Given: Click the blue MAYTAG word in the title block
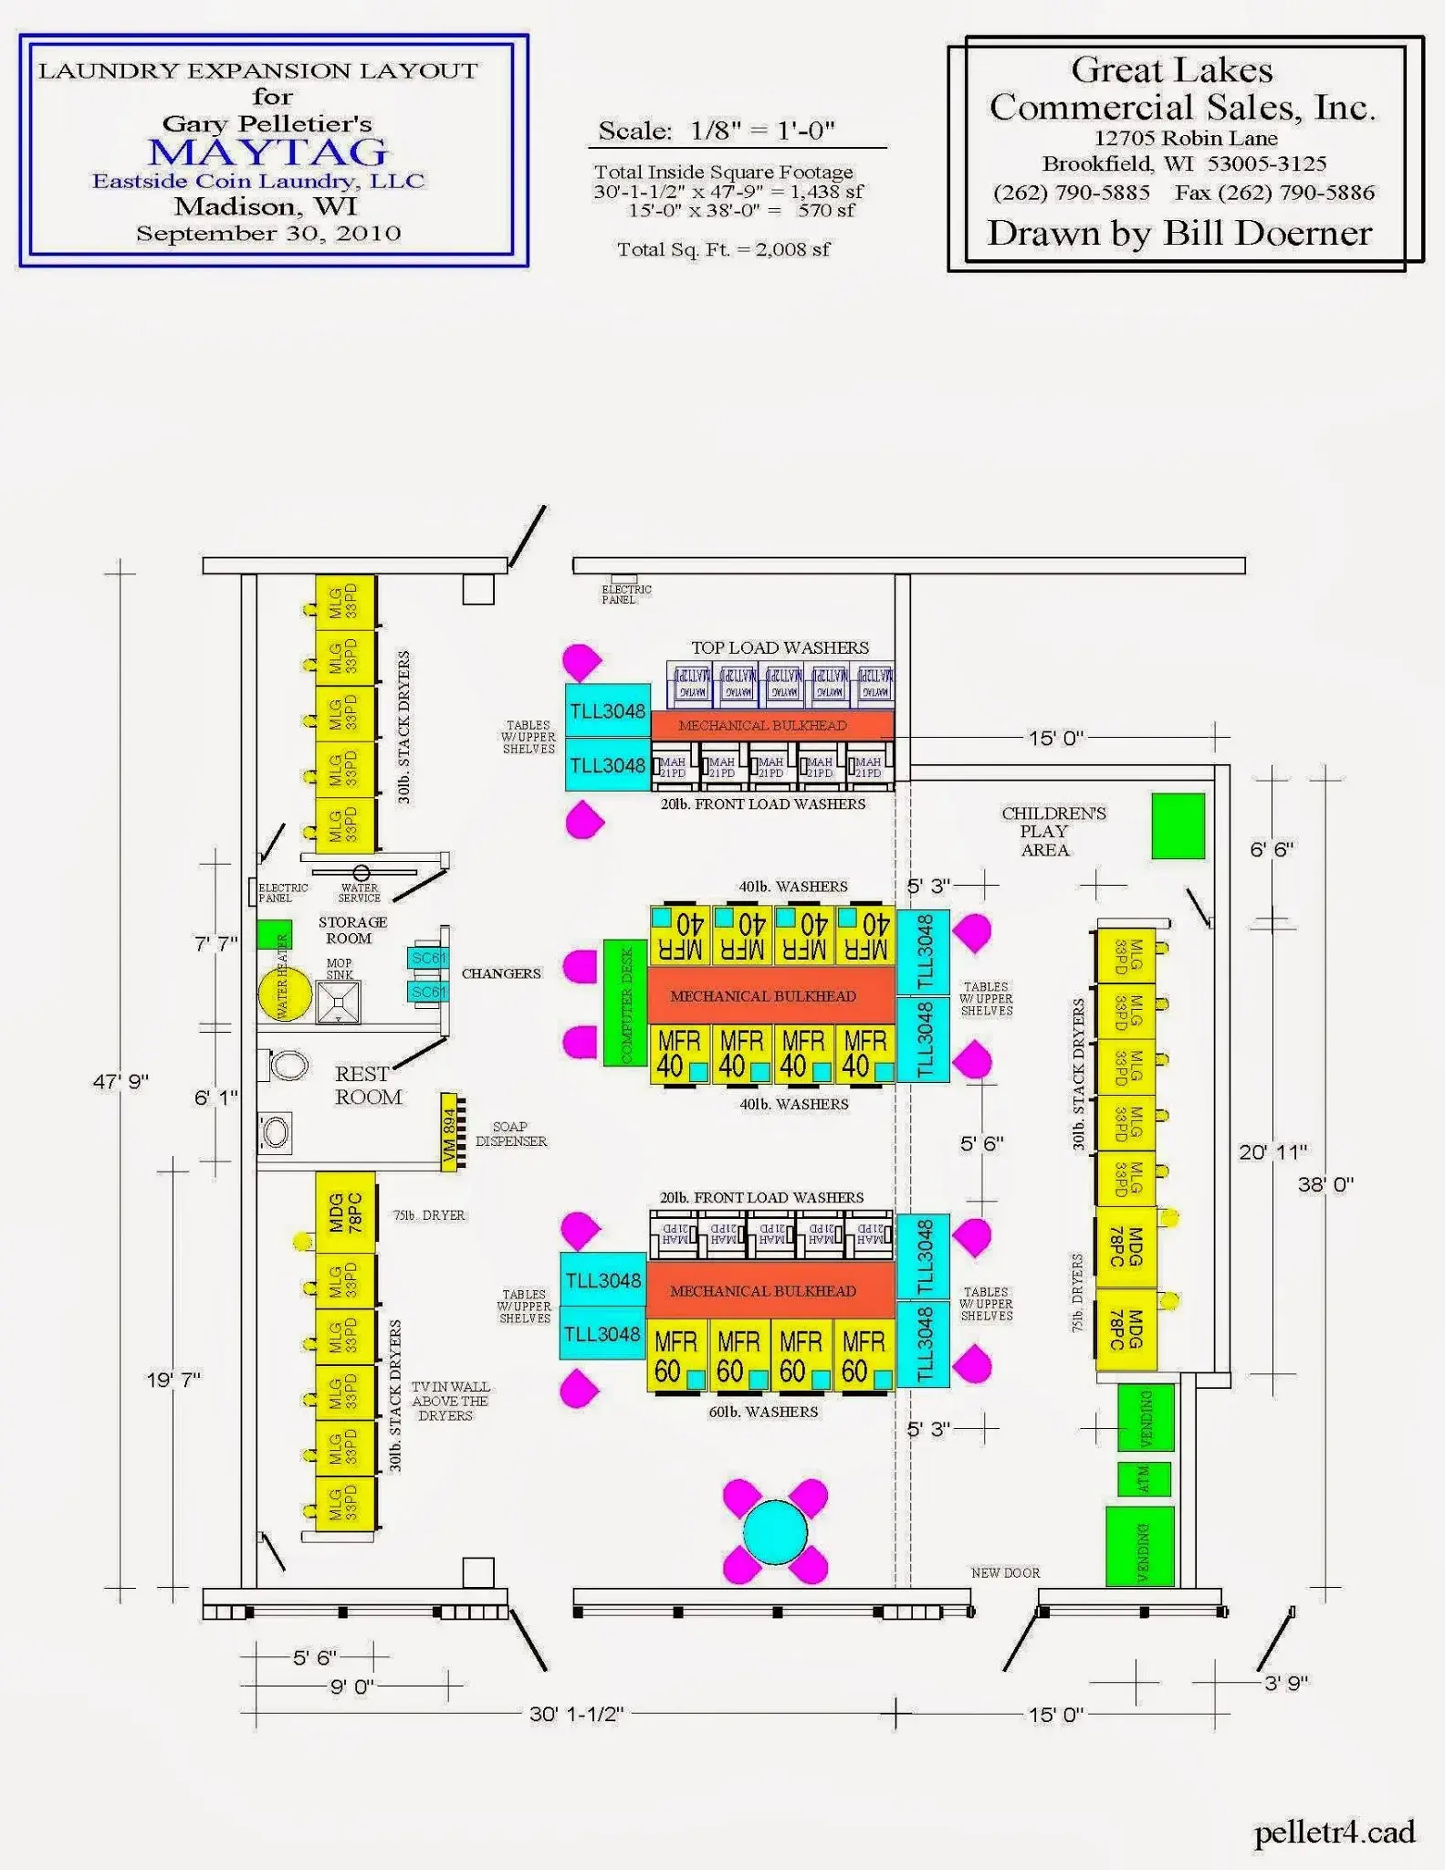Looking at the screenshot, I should (x=268, y=152).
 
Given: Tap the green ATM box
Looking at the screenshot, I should (x=1144, y=1479).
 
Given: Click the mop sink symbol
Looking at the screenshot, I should (x=338, y=1002).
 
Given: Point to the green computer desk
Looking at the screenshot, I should (x=625, y=1003).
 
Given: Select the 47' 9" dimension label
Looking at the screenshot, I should (x=120, y=1082).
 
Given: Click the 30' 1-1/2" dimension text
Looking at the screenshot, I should (x=576, y=1714).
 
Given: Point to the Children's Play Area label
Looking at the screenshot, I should (x=1052, y=831).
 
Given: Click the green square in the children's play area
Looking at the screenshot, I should (x=1178, y=825).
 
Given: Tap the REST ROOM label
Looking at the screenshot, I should (x=367, y=1086).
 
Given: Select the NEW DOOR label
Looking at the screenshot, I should (x=1005, y=1572).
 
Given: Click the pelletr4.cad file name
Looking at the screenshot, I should (x=1334, y=1832).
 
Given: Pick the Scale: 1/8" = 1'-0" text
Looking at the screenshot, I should (x=717, y=131).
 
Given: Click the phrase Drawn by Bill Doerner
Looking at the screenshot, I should (x=1179, y=234).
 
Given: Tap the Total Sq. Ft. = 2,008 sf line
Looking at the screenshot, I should (x=723, y=249).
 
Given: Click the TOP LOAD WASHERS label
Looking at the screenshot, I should (x=780, y=647).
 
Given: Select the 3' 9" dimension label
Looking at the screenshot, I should (x=1286, y=1682).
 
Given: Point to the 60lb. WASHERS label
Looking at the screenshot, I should (x=763, y=1412).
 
